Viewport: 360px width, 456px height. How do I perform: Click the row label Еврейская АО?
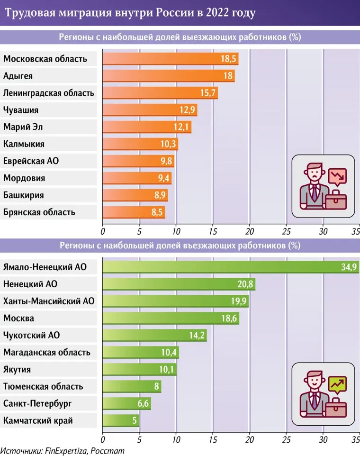31,161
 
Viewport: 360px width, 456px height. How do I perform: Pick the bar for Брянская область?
133,212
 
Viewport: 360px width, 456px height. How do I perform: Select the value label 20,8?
245,284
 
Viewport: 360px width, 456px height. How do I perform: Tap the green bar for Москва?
171,318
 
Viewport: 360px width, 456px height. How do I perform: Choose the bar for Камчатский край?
120,420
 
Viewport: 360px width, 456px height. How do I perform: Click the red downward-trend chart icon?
337,177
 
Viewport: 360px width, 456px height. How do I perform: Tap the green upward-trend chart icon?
337,384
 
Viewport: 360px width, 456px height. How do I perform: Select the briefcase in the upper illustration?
335,199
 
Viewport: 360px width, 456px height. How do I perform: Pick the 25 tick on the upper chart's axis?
286,232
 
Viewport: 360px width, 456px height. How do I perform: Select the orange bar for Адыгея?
168,76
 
